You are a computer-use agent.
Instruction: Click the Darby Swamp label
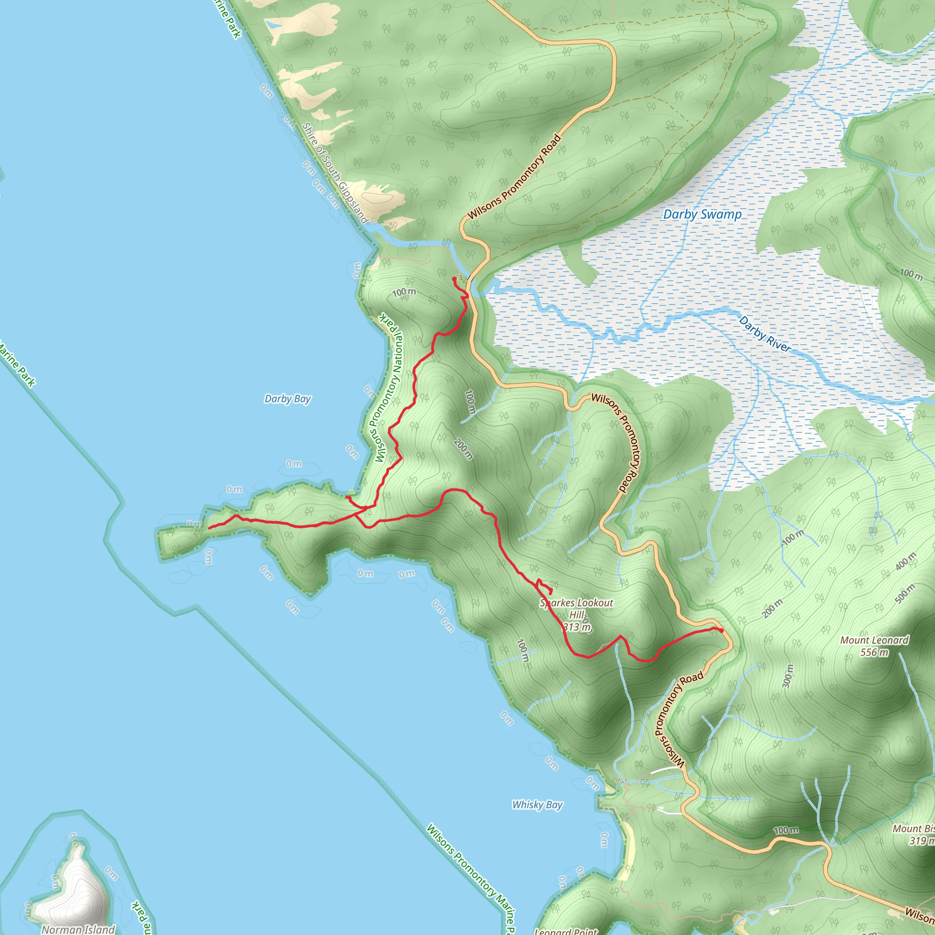coord(702,215)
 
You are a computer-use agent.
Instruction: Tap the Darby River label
coord(765,334)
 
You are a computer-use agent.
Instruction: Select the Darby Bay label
coord(288,399)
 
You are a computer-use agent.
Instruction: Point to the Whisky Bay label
coord(537,805)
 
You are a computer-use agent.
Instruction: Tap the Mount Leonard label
coord(874,640)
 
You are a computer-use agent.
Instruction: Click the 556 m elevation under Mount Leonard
coord(874,652)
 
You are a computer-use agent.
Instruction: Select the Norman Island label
coord(78,929)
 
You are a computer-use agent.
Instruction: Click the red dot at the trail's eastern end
coord(721,630)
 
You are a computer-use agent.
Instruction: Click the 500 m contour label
coord(904,594)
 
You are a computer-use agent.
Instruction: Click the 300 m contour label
coord(788,676)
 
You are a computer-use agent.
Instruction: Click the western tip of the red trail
coord(209,528)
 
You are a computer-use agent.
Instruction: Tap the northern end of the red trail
coord(454,279)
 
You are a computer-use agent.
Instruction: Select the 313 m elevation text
coord(577,628)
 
